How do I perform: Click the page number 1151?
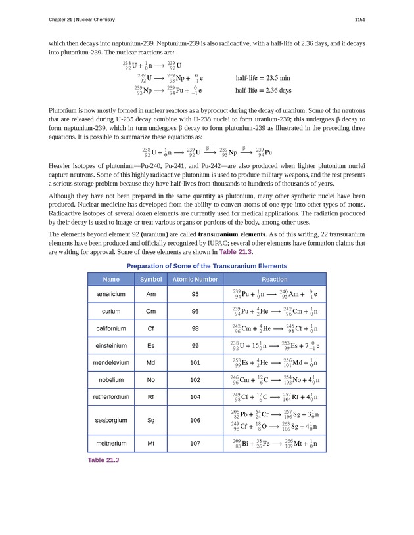[x=359, y=20]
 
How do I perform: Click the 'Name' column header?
[x=111, y=279]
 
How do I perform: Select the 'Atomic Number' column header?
[x=195, y=279]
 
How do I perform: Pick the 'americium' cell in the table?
[x=111, y=294]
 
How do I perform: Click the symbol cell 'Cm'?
[x=151, y=311]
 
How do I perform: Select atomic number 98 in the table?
[x=195, y=328]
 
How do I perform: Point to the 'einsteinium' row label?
[x=111, y=345]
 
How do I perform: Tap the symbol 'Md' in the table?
[x=151, y=362]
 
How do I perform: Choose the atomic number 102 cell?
[x=195, y=379]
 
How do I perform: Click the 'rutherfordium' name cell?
[x=111, y=396]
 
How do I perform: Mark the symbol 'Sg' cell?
[x=151, y=420]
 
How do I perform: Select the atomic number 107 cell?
[x=195, y=444]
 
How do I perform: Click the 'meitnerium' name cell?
[x=111, y=444]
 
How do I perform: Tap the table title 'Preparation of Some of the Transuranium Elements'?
[x=206, y=266]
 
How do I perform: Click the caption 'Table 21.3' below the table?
[x=104, y=460]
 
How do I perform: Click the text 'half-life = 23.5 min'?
[x=263, y=78]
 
